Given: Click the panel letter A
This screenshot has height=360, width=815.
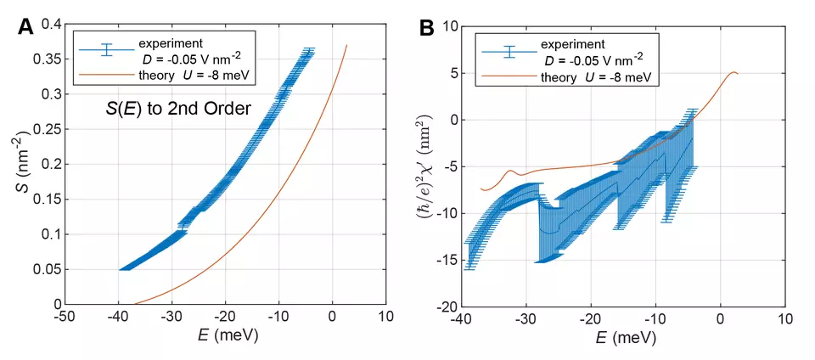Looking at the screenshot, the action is click(26, 26).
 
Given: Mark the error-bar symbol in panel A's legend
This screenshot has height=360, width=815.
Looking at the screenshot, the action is click(107, 50).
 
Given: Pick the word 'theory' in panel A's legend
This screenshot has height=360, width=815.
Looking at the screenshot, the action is click(155, 75).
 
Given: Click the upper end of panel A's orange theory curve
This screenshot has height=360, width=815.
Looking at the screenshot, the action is click(346, 45).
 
